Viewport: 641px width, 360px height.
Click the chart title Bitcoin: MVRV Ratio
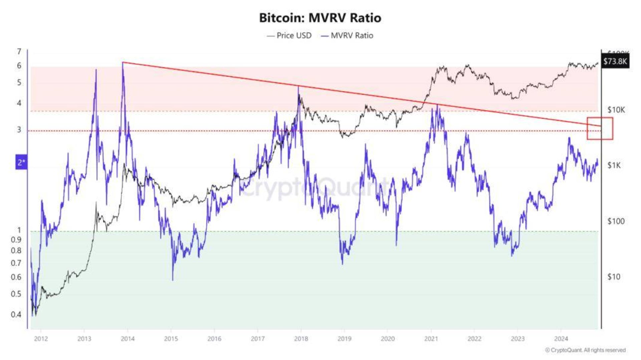[x=320, y=18]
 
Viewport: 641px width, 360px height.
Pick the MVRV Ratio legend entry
[x=347, y=36]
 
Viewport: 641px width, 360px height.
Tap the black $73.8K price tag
[x=615, y=61]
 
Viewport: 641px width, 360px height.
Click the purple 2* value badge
[x=21, y=162]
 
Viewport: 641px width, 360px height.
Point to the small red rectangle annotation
[x=600, y=128]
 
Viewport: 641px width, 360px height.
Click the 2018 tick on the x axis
[x=301, y=339]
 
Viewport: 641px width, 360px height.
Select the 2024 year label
[x=561, y=339]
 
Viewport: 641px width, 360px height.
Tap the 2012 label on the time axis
[x=41, y=339]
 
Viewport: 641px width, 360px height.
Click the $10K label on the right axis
[x=616, y=110]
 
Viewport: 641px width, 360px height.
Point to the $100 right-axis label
[x=616, y=221]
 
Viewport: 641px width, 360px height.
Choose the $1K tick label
[x=614, y=165]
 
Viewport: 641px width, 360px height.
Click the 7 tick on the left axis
[x=19, y=51]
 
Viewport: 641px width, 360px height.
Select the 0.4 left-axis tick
[x=16, y=314]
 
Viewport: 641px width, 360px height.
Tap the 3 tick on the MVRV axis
[x=19, y=130]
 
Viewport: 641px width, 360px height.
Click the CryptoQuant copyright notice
[x=585, y=350]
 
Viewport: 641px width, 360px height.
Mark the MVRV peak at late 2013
[x=123, y=63]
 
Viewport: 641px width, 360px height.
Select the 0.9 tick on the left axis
[x=16, y=240]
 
